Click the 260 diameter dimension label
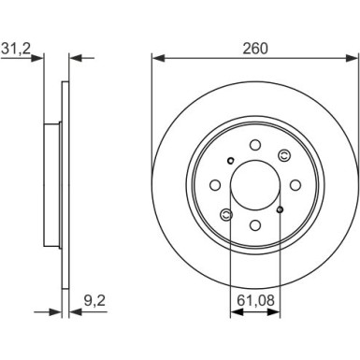coord(255,49)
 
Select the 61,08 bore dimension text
coord(255,300)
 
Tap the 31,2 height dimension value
coord(16,49)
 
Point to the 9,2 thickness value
coord(94,301)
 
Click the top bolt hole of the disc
coord(255,145)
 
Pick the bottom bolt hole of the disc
coord(255,225)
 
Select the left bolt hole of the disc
coord(215,185)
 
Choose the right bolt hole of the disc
coord(295,185)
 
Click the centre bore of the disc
coord(255,185)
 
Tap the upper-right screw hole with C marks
coord(283,155)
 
